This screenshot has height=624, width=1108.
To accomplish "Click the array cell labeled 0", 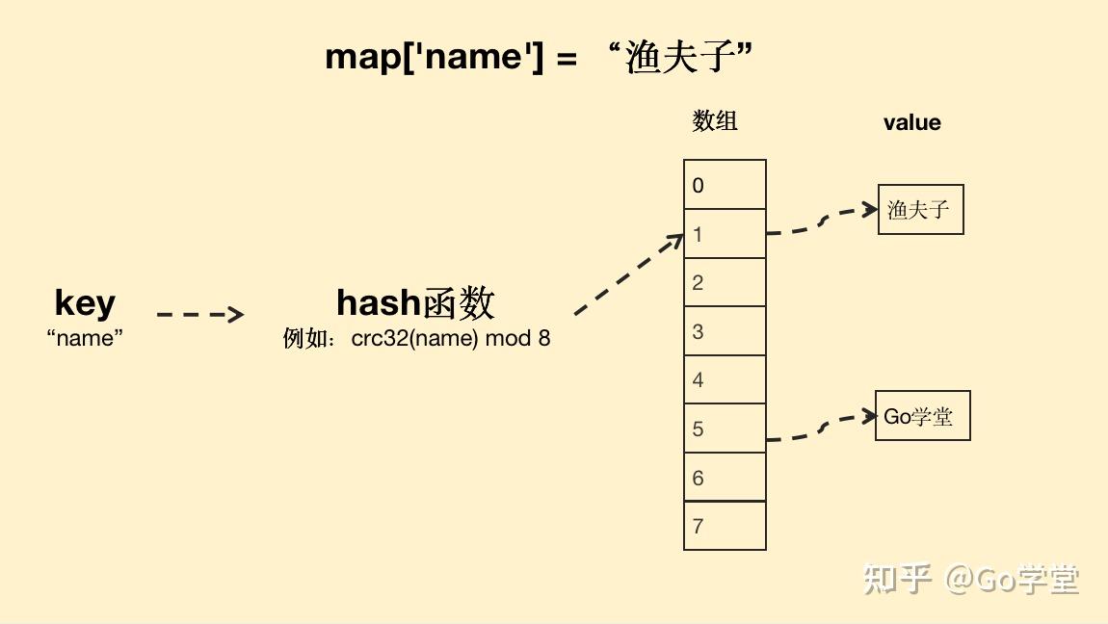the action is point(725,185).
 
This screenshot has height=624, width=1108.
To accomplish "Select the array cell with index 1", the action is point(725,234).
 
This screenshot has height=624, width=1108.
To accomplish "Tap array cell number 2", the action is point(725,282).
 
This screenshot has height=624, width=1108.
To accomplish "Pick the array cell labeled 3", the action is point(725,331).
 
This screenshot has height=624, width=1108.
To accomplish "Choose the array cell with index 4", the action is point(725,379).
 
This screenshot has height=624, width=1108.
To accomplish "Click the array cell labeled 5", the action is point(725,429).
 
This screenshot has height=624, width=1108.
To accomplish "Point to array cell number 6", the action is point(725,478).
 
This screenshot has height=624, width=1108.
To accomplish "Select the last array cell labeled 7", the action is point(725,526).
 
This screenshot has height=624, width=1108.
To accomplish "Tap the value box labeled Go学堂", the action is point(922,416).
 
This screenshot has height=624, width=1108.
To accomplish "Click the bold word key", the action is point(85,302).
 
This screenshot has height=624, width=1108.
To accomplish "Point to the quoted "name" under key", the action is point(85,338).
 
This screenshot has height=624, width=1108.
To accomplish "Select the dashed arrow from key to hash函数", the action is point(199,314).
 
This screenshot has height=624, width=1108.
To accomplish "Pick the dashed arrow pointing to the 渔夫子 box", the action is point(821,221).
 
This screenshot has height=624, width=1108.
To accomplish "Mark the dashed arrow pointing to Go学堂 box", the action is point(821,429).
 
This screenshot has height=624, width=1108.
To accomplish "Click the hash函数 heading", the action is point(415,303).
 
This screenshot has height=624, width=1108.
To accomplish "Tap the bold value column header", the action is point(911,122).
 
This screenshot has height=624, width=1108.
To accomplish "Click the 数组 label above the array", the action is point(715,120).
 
